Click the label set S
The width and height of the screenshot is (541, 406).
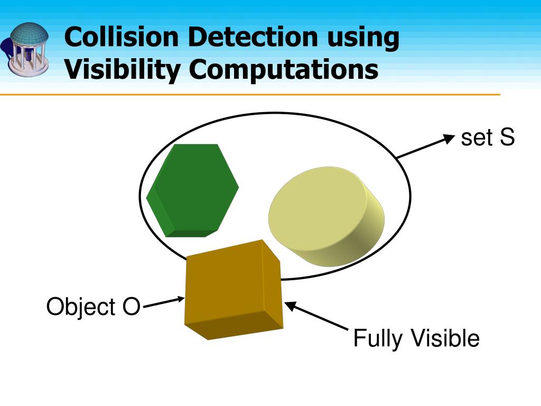click(487, 138)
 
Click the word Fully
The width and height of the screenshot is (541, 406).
click(377, 338)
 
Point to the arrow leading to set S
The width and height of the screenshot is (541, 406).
click(425, 147)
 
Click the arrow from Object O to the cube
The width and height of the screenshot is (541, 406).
click(163, 302)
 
